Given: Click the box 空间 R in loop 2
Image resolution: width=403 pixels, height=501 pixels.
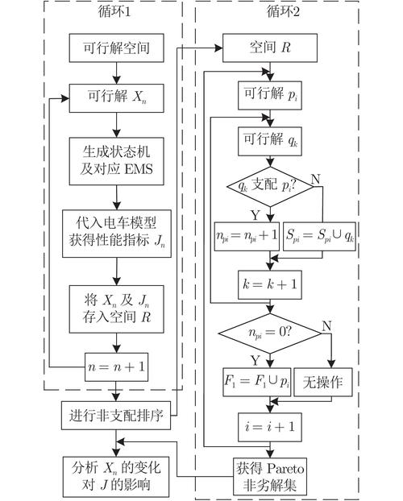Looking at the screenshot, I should click(271, 48).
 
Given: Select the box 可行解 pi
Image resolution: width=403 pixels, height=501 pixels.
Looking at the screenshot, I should click(271, 95).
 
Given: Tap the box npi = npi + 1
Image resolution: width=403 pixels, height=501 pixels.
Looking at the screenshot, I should click(247, 237).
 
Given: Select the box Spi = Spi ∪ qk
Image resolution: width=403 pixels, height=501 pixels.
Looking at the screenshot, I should click(320, 237).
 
